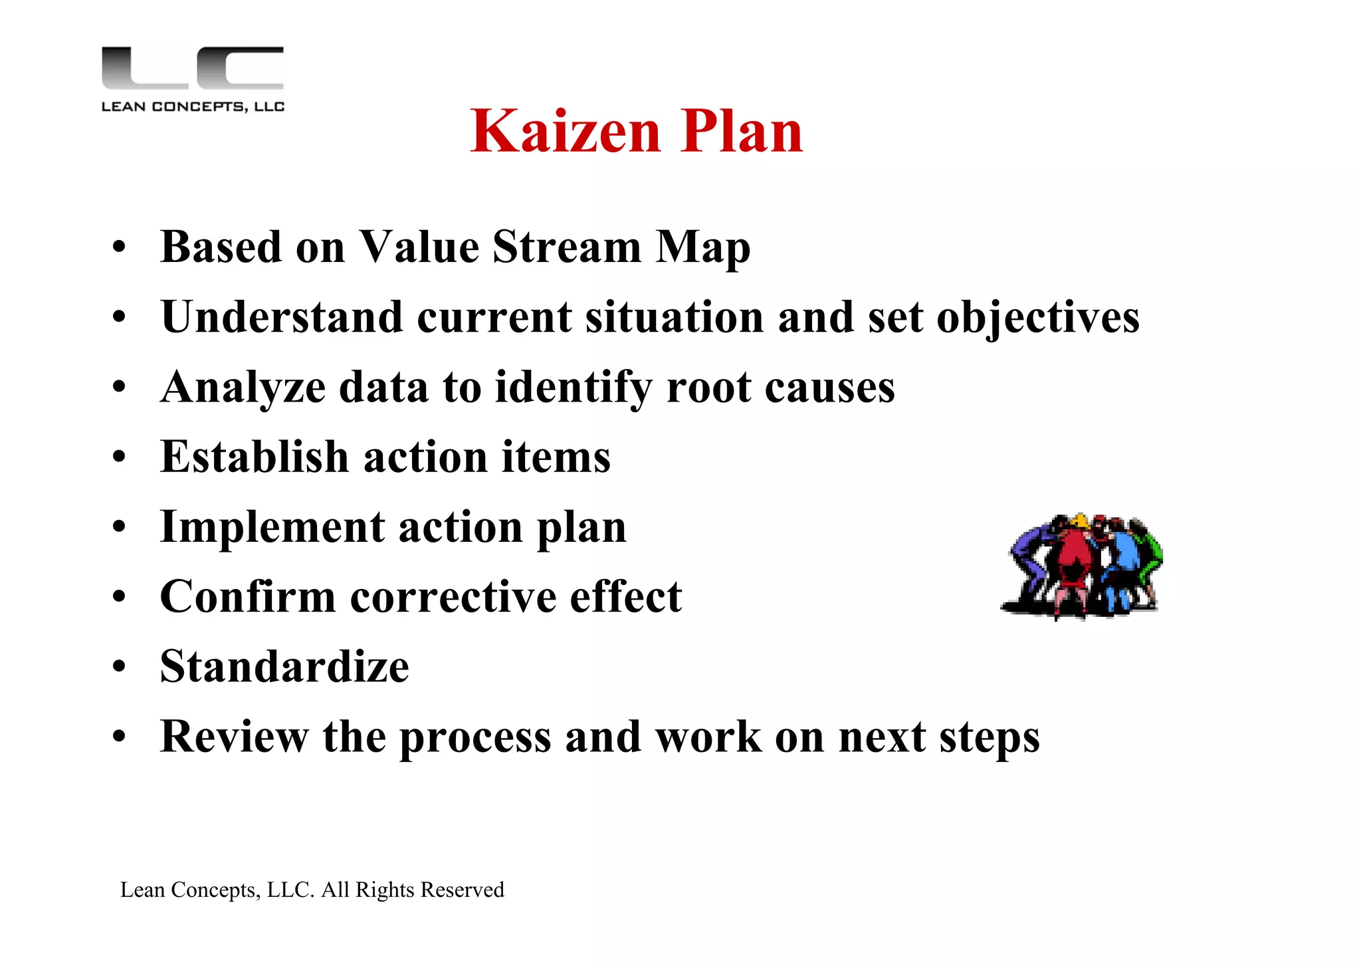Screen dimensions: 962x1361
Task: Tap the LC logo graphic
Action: (193, 68)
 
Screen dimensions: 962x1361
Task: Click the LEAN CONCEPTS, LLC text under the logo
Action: (193, 106)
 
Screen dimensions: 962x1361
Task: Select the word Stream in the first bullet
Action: (566, 247)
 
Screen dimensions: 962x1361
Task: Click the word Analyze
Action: (243, 388)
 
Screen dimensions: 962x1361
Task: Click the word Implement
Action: (272, 527)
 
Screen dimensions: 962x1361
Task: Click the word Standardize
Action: (284, 667)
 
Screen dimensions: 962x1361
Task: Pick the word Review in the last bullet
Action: (234, 737)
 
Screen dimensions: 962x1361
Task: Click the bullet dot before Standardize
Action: (119, 667)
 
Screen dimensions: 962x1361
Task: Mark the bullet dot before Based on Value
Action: (119, 247)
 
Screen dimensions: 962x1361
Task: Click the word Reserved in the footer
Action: (463, 890)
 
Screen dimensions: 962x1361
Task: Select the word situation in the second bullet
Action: (674, 318)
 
